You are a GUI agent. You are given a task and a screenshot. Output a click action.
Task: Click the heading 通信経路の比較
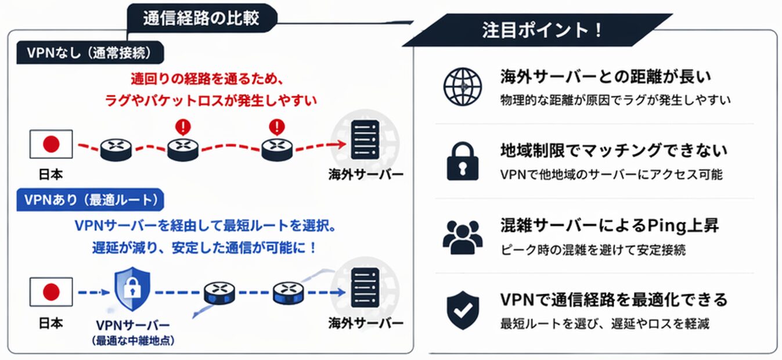point(201,19)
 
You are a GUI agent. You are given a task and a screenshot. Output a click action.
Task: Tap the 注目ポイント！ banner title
point(542,30)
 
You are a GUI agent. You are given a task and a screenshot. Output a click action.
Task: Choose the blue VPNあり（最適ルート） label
point(91,200)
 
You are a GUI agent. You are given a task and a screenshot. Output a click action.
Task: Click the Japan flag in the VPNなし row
point(51,144)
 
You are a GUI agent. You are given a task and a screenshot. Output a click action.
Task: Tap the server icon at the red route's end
point(365,139)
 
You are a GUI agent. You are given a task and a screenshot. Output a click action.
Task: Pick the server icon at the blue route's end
point(365,287)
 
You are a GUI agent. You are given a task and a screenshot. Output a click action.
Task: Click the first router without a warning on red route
point(116,150)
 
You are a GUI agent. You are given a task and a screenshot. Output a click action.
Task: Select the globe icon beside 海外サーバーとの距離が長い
point(462,87)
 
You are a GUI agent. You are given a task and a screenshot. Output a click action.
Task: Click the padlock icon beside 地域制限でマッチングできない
point(462,160)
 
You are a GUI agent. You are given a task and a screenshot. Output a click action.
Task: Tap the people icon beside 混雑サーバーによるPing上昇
point(462,236)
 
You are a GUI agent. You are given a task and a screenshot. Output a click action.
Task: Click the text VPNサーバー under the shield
point(134,325)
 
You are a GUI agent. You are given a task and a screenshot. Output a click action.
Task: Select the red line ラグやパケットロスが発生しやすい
point(211,100)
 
